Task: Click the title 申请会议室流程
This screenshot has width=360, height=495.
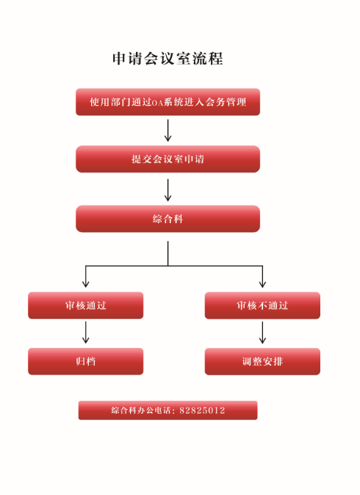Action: [168, 59]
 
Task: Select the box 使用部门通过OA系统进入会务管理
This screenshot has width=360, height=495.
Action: [168, 102]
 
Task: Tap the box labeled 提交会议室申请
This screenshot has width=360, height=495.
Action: [168, 159]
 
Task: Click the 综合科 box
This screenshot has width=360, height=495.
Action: [168, 219]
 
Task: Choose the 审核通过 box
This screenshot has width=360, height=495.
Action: [85, 306]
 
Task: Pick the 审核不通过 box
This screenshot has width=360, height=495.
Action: [262, 306]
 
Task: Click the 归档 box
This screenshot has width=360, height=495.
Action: [85, 361]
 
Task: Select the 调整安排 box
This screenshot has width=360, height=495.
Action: [262, 361]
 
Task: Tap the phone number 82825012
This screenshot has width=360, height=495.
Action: [202, 411]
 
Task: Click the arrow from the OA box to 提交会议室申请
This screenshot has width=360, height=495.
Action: [168, 131]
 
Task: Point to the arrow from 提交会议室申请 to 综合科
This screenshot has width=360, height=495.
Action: [168, 190]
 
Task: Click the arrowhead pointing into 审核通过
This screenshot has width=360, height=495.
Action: [85, 284]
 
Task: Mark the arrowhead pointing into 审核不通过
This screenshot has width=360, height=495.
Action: [262, 284]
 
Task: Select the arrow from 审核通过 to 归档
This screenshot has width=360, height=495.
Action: [85, 333]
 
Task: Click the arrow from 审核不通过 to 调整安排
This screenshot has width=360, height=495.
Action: [262, 333]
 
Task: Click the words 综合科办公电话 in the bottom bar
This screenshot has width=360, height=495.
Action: [141, 411]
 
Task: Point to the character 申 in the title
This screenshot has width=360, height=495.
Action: [119, 59]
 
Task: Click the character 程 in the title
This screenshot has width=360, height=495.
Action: [216, 59]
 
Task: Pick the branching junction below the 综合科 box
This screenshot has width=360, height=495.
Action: [168, 266]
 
